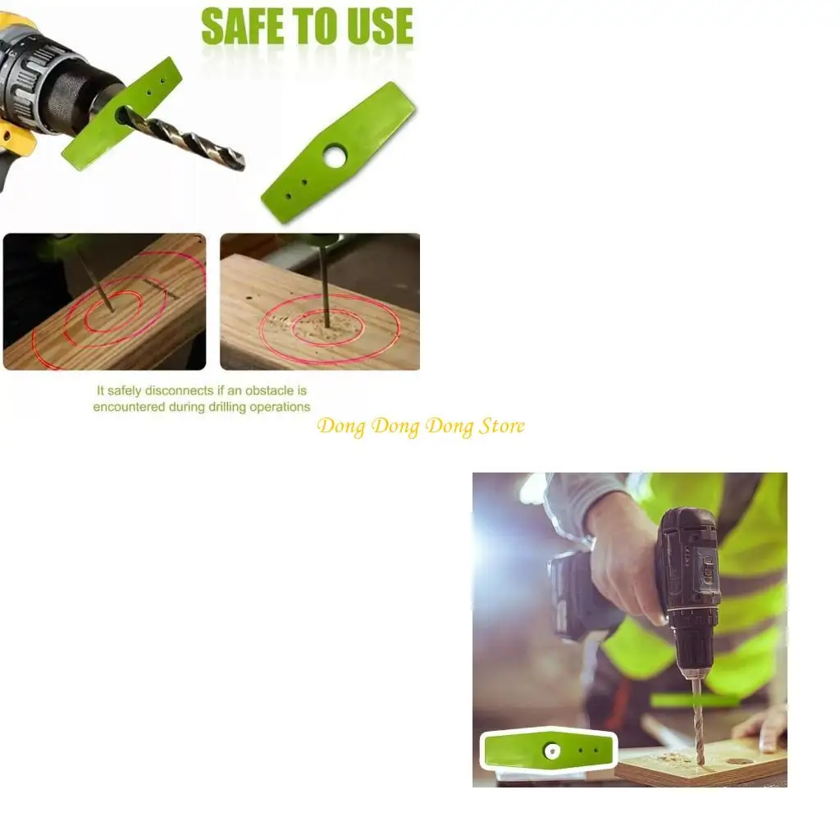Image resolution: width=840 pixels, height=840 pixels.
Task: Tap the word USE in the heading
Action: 373,27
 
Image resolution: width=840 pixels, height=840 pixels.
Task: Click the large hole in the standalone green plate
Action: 335,156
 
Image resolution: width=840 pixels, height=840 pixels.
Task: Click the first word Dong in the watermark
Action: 340,427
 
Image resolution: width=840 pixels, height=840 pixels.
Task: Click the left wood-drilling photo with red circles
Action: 104,302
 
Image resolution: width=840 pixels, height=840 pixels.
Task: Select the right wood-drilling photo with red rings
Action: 320,302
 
